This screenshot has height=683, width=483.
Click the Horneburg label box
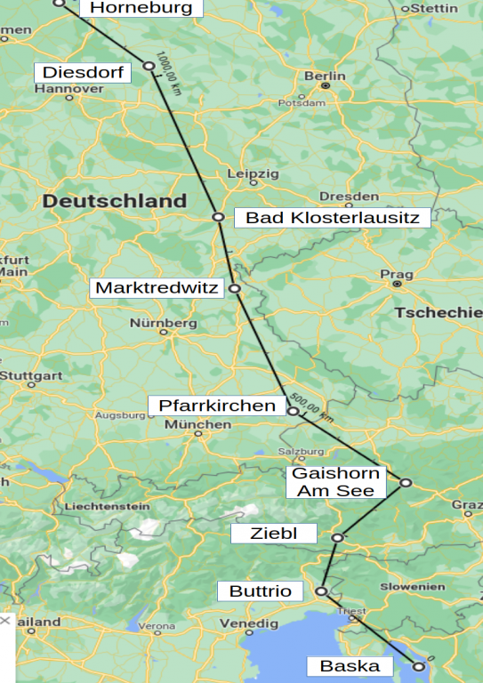[141, 8]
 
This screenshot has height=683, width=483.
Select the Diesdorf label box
[83, 72]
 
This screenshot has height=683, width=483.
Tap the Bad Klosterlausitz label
[333, 217]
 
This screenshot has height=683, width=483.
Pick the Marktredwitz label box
[157, 288]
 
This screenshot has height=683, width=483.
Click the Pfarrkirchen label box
[217, 406]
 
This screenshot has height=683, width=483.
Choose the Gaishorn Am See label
[335, 481]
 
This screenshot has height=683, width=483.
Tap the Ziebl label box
[274, 534]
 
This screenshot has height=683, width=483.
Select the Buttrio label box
[260, 591]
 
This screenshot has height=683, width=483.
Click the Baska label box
[349, 666]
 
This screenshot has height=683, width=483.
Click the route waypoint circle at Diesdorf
[149, 66]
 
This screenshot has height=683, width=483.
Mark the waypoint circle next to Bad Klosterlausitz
[218, 217]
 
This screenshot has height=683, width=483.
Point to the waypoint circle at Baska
[419, 665]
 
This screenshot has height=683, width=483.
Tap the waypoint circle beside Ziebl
[338, 537]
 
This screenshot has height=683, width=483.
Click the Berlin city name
[325, 76]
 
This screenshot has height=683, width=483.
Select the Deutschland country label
[115, 201]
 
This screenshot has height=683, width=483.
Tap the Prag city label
[396, 274]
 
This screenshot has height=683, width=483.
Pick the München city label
[198, 425]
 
